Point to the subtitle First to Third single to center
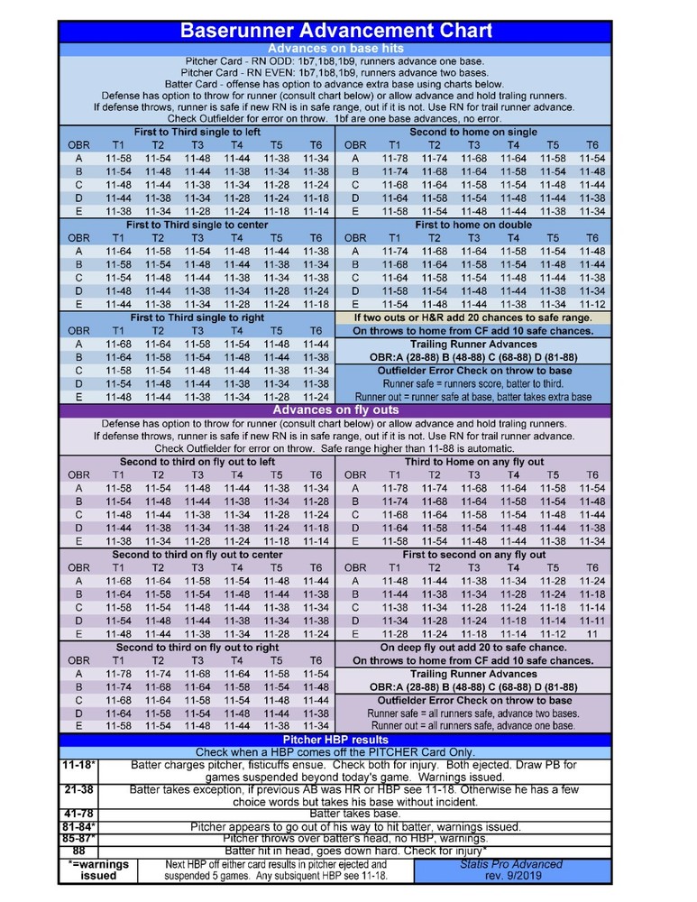197,224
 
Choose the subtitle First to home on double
473,224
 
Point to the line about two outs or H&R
473,318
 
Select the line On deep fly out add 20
473,648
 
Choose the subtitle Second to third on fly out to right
197,648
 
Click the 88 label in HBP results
79,851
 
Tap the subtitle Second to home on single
473,132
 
